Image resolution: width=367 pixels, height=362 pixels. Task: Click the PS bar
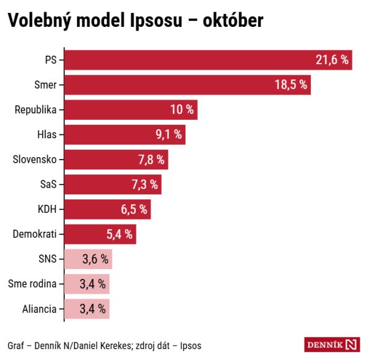coord(208,60)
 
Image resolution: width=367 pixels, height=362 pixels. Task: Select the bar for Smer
coord(187,85)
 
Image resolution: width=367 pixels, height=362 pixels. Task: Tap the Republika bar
coord(131,110)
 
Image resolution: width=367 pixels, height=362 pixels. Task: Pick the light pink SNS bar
coord(88,259)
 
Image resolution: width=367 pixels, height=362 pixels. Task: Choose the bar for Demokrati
coord(100,234)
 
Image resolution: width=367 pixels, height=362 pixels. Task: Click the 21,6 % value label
coord(332,60)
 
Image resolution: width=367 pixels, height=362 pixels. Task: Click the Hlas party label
coord(47,135)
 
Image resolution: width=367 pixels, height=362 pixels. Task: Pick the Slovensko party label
coord(35,160)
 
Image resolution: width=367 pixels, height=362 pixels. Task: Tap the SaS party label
coord(47,185)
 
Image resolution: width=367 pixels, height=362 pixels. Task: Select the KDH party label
coord(47,209)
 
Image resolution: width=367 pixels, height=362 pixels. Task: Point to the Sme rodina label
coord(32,284)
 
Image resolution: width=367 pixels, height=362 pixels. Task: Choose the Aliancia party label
coord(39,309)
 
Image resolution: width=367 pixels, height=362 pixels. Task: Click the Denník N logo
coord(332,344)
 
